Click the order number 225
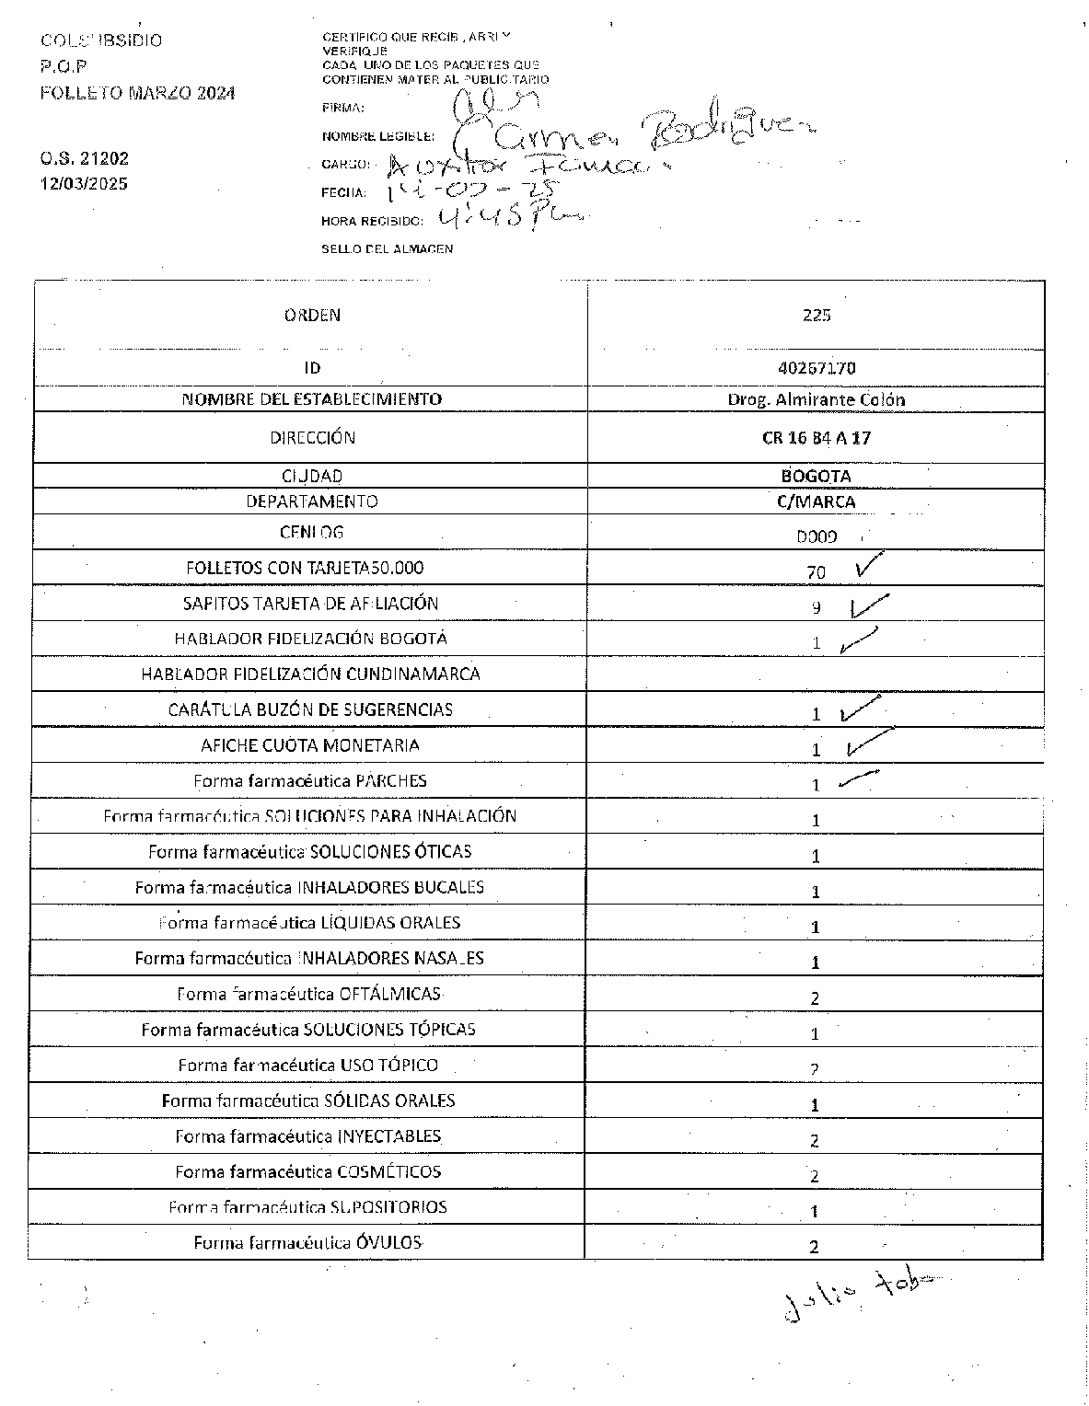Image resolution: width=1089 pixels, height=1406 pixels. [x=816, y=315]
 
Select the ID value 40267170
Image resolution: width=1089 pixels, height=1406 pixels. [x=816, y=367]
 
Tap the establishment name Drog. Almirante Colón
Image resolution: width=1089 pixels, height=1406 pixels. [x=816, y=399]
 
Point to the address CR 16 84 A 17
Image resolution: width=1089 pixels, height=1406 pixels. [x=816, y=438]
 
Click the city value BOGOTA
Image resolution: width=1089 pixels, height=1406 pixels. [x=816, y=476]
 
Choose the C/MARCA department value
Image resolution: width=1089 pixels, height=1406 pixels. [x=816, y=501]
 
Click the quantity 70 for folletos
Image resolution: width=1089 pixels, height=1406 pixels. [x=816, y=572]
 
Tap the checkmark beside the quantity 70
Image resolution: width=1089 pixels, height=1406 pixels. [x=868, y=566]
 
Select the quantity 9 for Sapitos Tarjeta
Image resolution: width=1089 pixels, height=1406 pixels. [x=816, y=607]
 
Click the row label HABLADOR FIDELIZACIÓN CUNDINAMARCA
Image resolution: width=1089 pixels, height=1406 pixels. [x=310, y=674]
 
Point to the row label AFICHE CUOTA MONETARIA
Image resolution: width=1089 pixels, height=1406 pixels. [x=310, y=745]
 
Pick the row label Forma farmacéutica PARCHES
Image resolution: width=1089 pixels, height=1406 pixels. [x=310, y=780]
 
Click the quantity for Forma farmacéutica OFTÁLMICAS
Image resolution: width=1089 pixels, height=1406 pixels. [x=815, y=998]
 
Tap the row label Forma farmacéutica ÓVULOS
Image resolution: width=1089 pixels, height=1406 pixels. [x=307, y=1242]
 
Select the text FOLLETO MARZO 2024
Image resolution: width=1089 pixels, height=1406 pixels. [x=138, y=93]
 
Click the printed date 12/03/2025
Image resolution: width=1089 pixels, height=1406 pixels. [x=84, y=183]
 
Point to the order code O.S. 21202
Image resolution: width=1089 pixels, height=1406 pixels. [x=85, y=158]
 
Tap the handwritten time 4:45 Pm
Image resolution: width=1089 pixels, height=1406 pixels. [x=511, y=218]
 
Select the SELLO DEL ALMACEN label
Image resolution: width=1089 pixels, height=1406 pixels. [x=387, y=248]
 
